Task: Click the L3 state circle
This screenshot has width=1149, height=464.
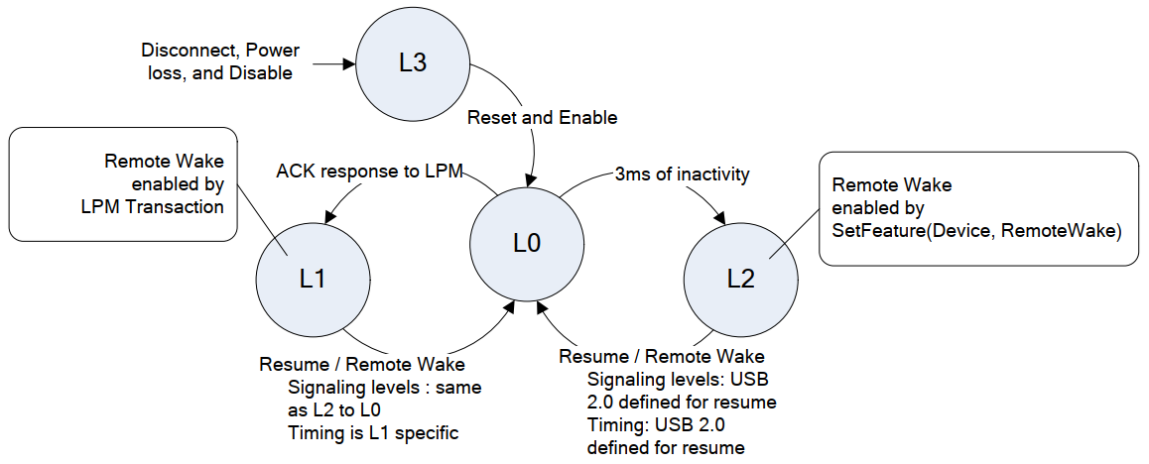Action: pos(412,62)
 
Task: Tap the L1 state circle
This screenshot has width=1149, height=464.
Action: pos(313,279)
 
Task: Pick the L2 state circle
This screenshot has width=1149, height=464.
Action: pos(740,279)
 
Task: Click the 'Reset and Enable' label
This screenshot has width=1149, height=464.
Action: pos(542,118)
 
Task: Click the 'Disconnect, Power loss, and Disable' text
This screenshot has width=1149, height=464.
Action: pos(219,61)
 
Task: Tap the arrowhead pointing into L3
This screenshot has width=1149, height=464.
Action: pos(348,65)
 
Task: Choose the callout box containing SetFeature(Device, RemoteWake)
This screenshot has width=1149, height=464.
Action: pos(977,207)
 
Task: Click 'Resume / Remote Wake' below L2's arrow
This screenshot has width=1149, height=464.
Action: pos(661,356)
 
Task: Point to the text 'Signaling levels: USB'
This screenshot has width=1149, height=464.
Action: pos(678,380)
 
